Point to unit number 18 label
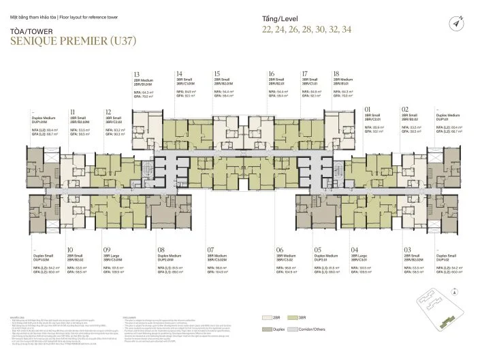(336, 73)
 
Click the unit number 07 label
(211, 250)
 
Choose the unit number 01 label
(368, 109)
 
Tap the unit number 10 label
(71, 250)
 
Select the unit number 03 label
(406, 250)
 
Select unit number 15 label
(217, 73)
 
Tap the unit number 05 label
(317, 250)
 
